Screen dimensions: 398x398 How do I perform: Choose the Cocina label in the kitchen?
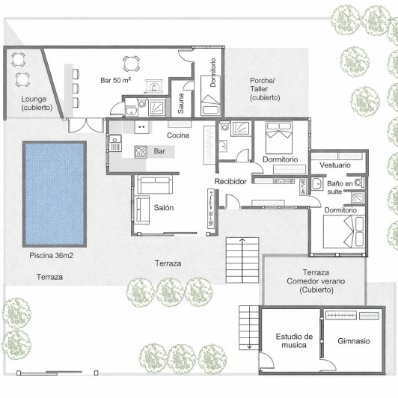[x=178, y=135]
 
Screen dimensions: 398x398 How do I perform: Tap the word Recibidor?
[x=231, y=182]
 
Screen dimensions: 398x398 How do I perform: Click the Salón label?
[x=164, y=208]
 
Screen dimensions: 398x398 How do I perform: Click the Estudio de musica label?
[x=293, y=341]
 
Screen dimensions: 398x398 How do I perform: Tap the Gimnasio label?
[x=354, y=340]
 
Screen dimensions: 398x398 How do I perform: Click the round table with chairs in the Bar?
[x=132, y=64]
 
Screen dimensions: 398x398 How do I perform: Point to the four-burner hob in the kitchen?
[x=140, y=152]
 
